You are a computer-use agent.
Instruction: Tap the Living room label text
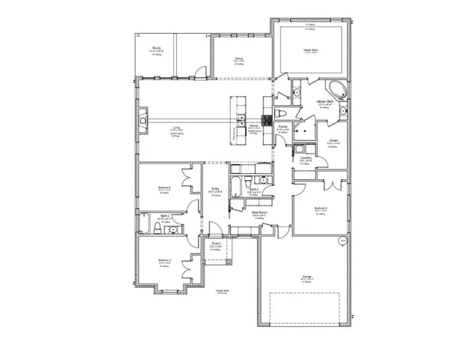coord(177,128)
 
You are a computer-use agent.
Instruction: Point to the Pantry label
coord(282,128)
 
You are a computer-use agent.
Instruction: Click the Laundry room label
coord(305,158)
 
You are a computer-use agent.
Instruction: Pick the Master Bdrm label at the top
coord(312,50)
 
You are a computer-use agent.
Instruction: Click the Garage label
coord(306,277)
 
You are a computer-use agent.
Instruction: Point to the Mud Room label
coord(260,214)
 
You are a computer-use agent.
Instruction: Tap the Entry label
coord(215,190)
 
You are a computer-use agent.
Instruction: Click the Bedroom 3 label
coord(164,187)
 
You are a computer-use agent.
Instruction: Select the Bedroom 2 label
coord(164,261)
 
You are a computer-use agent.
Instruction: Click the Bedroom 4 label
coord(321,208)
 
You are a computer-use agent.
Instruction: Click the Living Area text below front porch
coord(222,290)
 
